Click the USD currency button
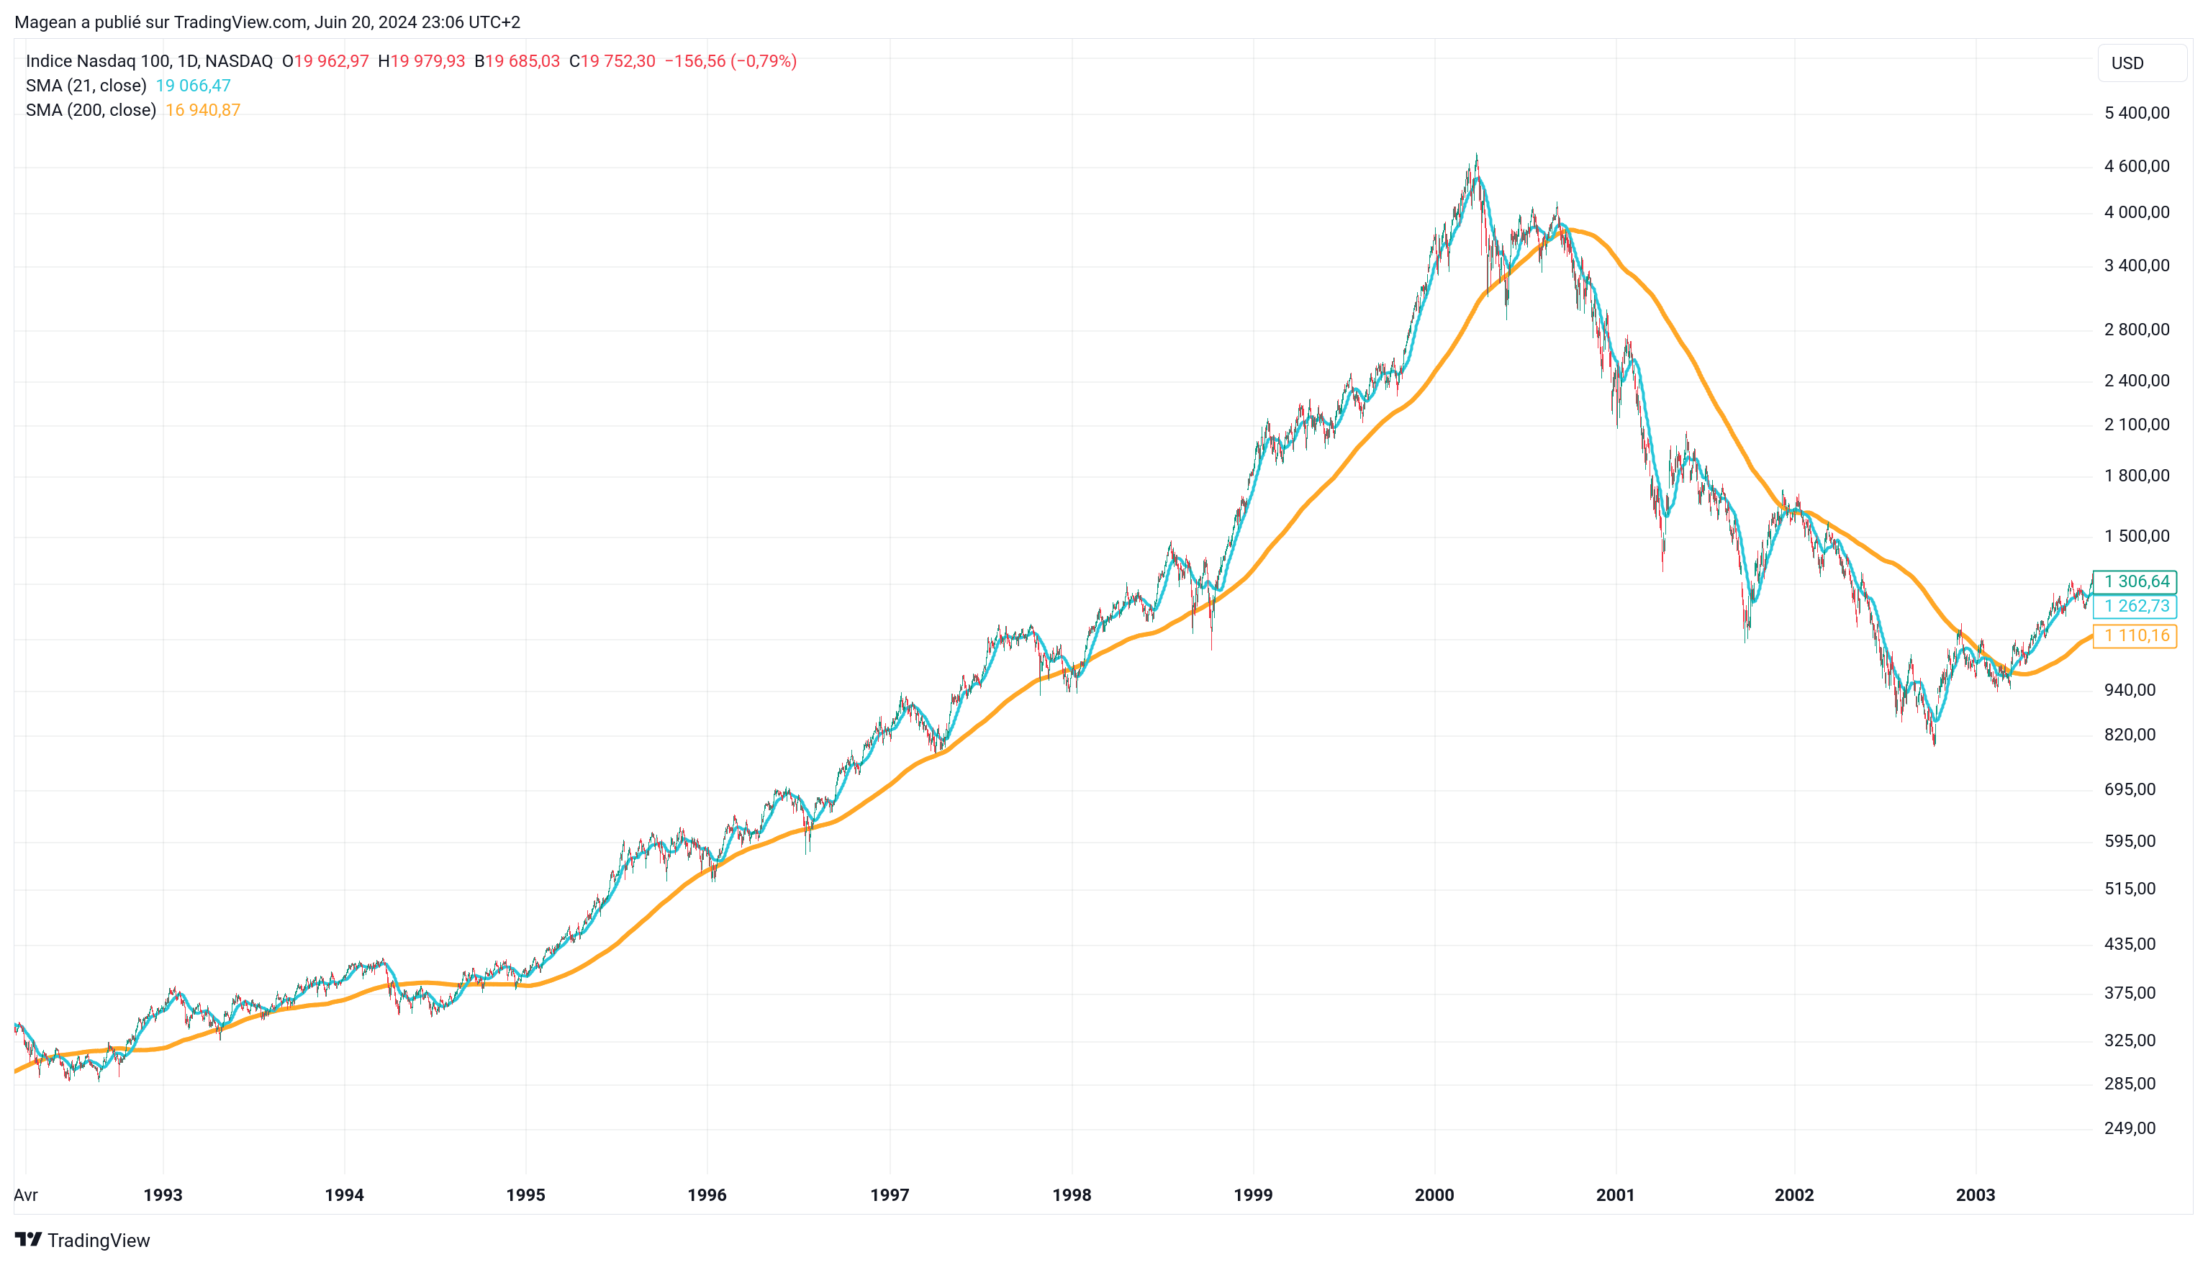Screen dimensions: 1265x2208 [x=2140, y=63]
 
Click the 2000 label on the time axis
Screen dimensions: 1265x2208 [x=1434, y=1194]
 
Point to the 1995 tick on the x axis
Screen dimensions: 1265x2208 [x=525, y=1194]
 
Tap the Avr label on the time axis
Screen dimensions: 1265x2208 [x=26, y=1194]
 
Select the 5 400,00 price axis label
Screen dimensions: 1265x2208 [x=2136, y=113]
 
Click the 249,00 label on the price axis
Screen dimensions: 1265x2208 [x=2129, y=1128]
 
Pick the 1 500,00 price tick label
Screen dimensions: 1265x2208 [x=2136, y=536]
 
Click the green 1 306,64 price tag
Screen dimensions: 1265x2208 [x=2136, y=581]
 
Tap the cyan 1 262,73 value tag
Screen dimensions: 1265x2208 [x=2136, y=606]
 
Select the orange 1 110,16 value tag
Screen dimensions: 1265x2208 [x=2136, y=635]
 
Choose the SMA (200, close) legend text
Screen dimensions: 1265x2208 [x=91, y=110]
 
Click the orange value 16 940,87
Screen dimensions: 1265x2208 [x=202, y=110]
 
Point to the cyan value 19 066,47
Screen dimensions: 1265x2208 [x=193, y=85]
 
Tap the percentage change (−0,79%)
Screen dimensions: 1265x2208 [x=763, y=61]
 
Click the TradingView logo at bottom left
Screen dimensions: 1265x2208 [x=83, y=1240]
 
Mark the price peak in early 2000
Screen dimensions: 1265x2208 [x=1475, y=156]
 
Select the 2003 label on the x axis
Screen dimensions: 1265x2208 [x=1974, y=1194]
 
